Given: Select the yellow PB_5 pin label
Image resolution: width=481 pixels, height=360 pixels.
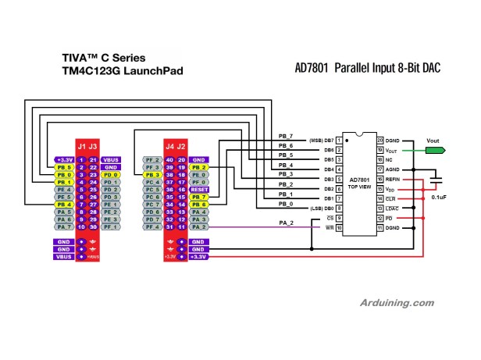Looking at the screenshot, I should pos(64,167).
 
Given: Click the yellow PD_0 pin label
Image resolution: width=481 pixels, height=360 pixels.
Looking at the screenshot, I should pos(111,175).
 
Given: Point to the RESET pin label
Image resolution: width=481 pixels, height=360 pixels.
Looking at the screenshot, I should pos(198,190).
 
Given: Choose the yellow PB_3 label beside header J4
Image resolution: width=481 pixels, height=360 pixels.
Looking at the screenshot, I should pos(153,175).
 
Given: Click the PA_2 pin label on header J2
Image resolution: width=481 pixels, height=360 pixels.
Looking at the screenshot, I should pos(198,227).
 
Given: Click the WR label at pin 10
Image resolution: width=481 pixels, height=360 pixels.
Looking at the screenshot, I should pos(330,227).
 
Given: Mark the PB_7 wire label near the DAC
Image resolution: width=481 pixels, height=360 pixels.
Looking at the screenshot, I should pos(286,135).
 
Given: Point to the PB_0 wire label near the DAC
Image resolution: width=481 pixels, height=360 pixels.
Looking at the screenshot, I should pos(286,204).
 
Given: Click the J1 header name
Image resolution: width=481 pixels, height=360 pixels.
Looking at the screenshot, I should pos(81,146).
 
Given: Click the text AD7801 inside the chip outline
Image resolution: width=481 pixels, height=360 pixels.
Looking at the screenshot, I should pos(359,178).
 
